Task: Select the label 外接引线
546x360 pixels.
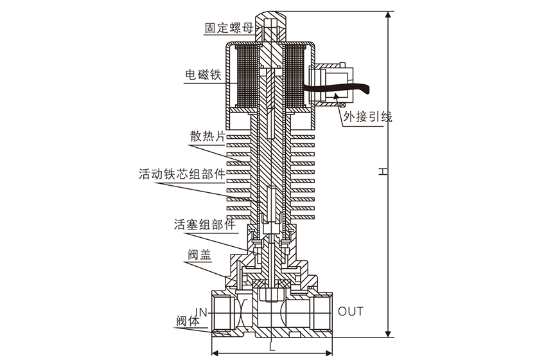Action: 367,117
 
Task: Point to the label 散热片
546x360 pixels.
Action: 207,136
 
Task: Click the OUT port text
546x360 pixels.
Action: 351,312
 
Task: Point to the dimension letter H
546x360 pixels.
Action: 382,172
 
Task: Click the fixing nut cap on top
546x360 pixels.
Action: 271,26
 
